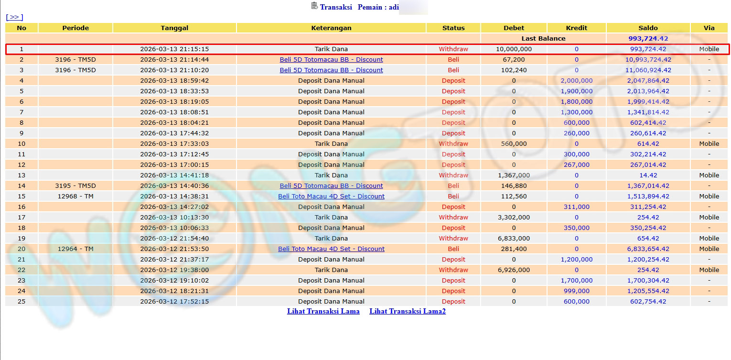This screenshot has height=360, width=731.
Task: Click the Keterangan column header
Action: pos(331,28)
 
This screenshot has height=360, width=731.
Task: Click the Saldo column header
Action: pos(648,28)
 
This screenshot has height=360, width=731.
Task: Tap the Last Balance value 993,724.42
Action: pos(648,38)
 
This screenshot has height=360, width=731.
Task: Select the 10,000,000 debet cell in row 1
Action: pos(514,49)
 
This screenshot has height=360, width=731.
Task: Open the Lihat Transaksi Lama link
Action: pos(323,311)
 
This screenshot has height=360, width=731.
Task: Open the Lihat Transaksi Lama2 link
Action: pos(407,311)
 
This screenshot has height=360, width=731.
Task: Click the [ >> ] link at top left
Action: pos(14,17)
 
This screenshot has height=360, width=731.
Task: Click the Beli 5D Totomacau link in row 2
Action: pos(331,59)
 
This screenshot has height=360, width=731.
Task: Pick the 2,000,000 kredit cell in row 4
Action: pos(576,80)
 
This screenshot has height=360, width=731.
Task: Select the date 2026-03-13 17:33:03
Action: pos(174,143)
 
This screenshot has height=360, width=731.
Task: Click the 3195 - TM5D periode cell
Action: pos(75,185)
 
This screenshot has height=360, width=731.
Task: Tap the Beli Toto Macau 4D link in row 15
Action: pos(331,196)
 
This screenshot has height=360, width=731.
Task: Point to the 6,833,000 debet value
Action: pos(514,238)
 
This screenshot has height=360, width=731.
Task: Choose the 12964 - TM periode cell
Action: pos(75,249)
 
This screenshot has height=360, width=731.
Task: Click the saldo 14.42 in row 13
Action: pos(648,175)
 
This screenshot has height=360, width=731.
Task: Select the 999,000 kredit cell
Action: pos(576,291)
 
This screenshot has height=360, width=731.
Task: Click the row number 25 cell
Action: pos(21,301)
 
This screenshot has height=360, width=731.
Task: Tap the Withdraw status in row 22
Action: pos(453,270)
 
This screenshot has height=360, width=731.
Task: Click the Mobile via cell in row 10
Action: pos(709,143)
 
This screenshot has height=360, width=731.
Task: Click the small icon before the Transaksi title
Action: pos(314,6)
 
